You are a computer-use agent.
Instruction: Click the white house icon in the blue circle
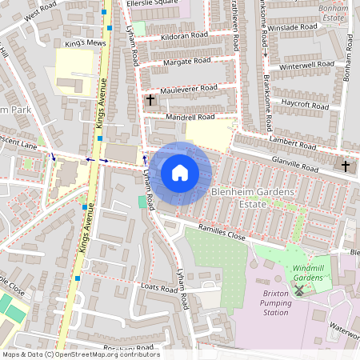tap(180, 172)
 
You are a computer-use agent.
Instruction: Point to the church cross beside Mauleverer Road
tap(150, 99)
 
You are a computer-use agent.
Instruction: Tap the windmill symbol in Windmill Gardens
tap(298, 290)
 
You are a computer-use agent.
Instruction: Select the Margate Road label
tap(186, 61)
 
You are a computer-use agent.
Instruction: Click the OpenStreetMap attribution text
tap(80, 354)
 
